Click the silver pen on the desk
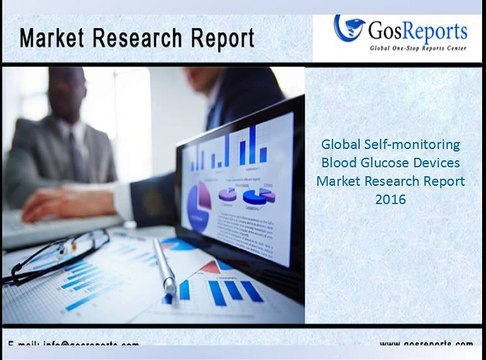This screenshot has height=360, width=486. click(164, 265)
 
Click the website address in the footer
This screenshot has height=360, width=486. click(412, 345)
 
